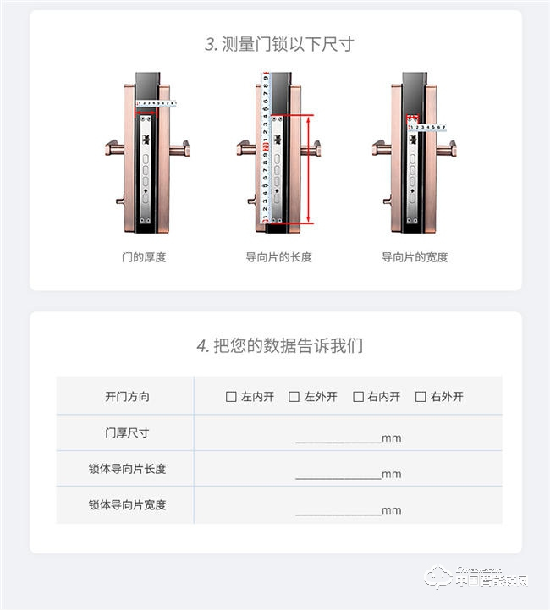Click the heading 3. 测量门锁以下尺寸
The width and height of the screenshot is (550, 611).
tap(278, 44)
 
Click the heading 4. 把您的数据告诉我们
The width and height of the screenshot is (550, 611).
tap(279, 345)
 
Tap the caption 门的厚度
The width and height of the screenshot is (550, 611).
tap(144, 256)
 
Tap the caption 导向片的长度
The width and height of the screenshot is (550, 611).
tap(278, 256)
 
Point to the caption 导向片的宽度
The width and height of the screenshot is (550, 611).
tap(415, 256)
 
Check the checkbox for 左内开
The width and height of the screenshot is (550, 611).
tap(231, 396)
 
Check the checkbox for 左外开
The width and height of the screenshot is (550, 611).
tap(294, 396)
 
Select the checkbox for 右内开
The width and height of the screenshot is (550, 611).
tap(358, 396)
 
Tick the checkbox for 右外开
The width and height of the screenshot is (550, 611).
tap(421, 396)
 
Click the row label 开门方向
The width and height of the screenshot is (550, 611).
tap(127, 396)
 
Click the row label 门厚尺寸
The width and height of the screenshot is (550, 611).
tap(127, 432)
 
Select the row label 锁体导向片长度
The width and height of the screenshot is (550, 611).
tap(127, 468)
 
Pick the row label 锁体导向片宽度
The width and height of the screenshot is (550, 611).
tap(127, 504)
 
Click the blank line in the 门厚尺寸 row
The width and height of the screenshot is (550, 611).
tap(338, 439)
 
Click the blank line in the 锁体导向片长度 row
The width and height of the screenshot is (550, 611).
tap(338, 476)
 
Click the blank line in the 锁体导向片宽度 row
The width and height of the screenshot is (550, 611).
tap(338, 511)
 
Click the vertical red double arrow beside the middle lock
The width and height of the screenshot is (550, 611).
tap(308, 169)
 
